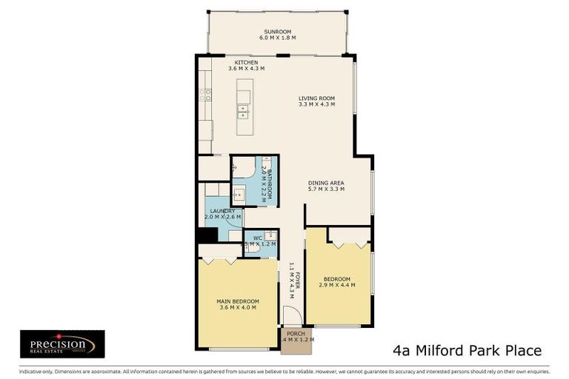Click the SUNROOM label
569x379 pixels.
pyautogui.click(x=278, y=31)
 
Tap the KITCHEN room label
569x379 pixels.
pyautogui.click(x=246, y=62)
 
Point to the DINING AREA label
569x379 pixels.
pyautogui.click(x=326, y=182)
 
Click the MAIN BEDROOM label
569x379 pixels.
pyautogui.click(x=237, y=301)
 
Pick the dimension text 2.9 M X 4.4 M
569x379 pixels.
pyautogui.click(x=338, y=285)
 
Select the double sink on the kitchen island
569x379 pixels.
pyautogui.click(x=243, y=111)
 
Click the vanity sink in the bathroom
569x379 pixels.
pyautogui.click(x=239, y=195)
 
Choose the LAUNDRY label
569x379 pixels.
pyautogui.click(x=222, y=211)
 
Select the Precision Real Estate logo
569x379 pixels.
pyautogui.click(x=61, y=343)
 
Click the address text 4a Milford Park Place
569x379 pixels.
pyautogui.click(x=466, y=350)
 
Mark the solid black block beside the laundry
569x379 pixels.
pyautogui.click(x=206, y=235)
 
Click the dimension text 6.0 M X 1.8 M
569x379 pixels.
pyautogui.click(x=278, y=38)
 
